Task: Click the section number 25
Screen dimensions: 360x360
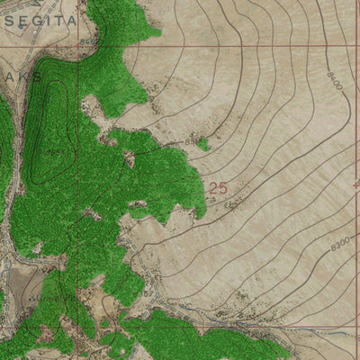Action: coord(217,188)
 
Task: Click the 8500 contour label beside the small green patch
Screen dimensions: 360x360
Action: coord(190,142)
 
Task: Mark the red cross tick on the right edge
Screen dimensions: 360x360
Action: coord(356,184)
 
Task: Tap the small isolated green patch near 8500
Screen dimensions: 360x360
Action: coord(203,143)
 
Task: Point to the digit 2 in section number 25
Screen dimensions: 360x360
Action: coord(212,188)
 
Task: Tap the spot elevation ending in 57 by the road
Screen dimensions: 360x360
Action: coord(146,293)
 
